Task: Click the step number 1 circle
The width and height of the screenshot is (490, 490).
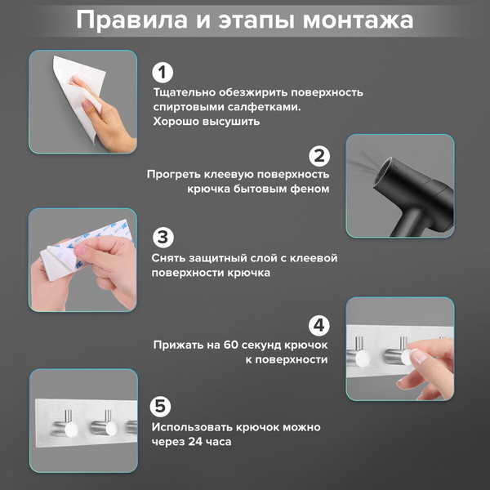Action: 163,73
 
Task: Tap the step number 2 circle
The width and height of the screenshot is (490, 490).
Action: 319,156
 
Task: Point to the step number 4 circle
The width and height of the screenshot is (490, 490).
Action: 319,325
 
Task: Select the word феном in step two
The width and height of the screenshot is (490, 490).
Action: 311,189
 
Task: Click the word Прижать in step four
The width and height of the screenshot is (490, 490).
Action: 178,345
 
